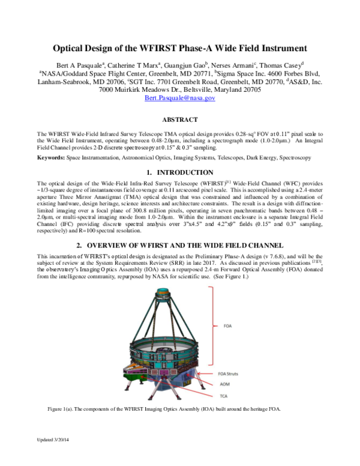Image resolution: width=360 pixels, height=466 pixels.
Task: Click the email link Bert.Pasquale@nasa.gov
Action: click(181, 98)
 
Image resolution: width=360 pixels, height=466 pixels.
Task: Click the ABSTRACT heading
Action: click(181, 120)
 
